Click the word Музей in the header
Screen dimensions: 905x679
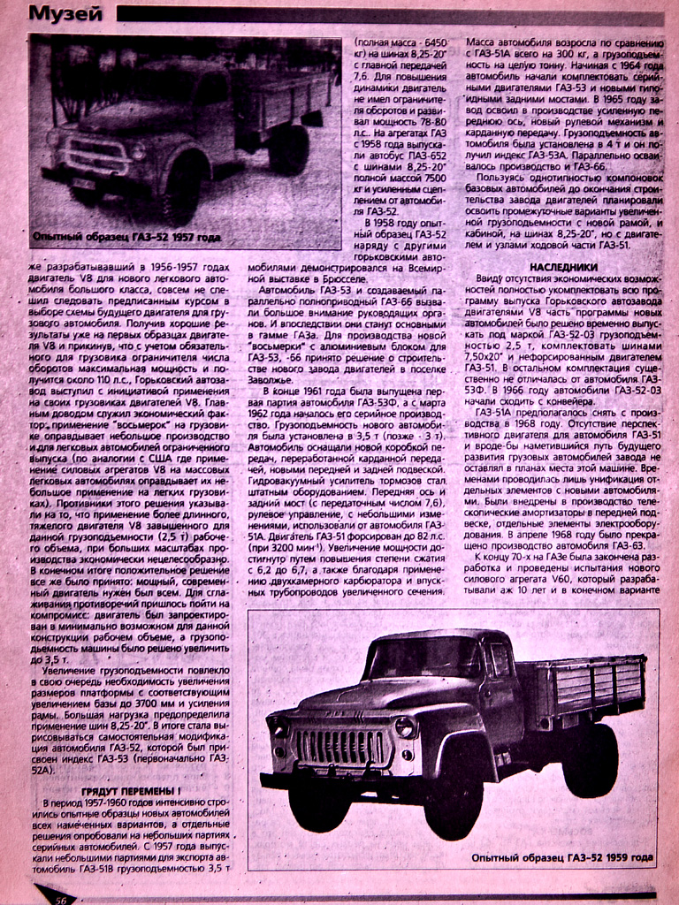pos(65,13)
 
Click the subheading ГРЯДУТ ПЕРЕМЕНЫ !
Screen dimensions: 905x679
pos(131,790)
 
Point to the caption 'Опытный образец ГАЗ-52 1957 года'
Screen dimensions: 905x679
pos(126,237)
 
